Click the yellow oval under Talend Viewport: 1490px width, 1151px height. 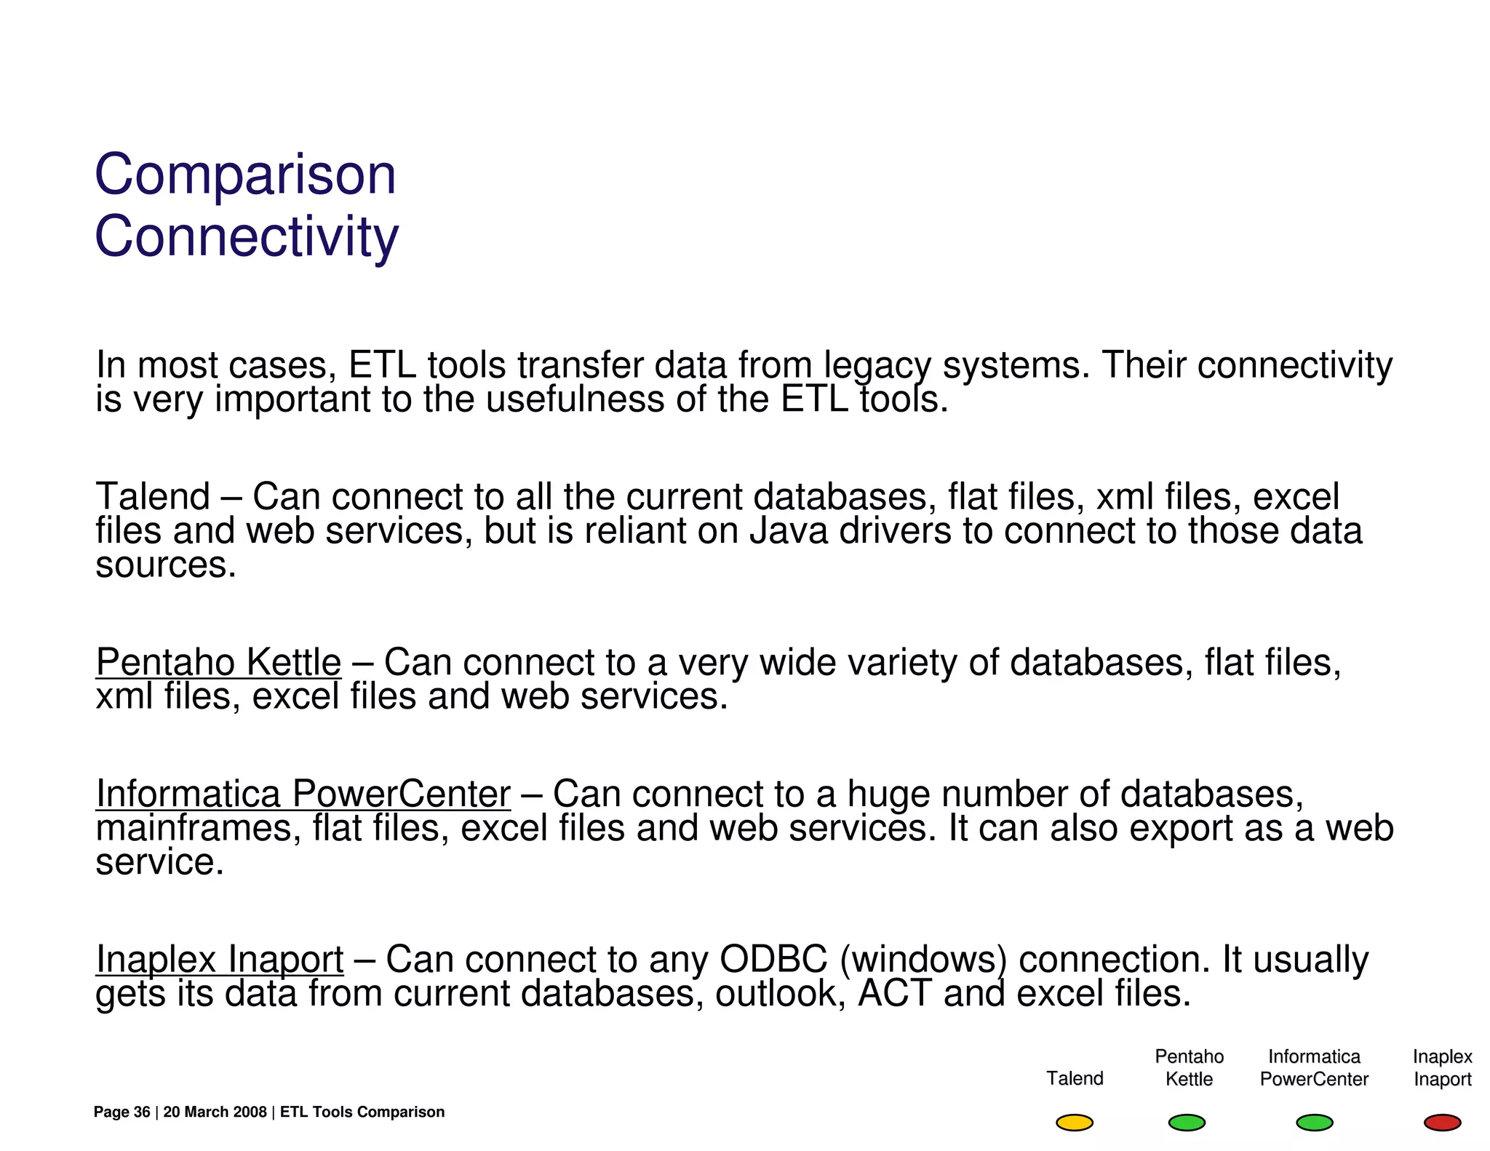(1074, 1123)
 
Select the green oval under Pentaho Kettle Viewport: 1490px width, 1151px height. (1187, 1123)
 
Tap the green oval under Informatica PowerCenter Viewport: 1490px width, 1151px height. (1314, 1123)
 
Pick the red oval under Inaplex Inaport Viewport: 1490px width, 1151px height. (1442, 1123)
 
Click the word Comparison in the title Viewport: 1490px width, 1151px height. (245, 175)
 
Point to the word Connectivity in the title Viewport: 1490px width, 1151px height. (247, 237)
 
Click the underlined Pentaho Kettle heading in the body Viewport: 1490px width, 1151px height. (218, 662)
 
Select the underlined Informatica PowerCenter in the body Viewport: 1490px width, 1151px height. (303, 794)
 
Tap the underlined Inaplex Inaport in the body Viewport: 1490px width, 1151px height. (219, 959)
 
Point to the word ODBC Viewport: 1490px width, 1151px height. (773, 959)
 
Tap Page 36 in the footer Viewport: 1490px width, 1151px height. (121, 1112)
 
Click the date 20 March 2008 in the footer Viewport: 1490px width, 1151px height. (215, 1112)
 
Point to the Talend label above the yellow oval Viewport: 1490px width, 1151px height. (1075, 1078)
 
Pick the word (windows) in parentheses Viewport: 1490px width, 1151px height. (923, 959)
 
